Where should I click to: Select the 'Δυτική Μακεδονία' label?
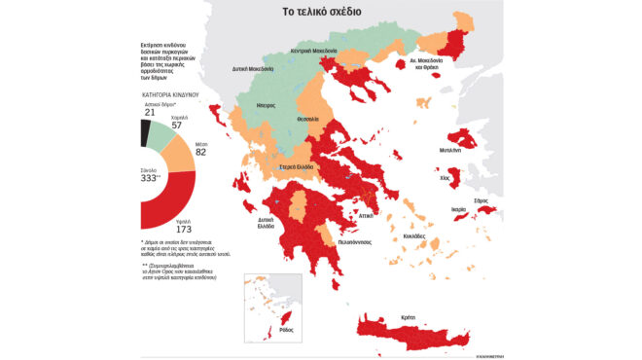252,70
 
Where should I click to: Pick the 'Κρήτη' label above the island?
407,317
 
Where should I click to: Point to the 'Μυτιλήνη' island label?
450,151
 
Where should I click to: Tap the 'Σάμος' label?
481,199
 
